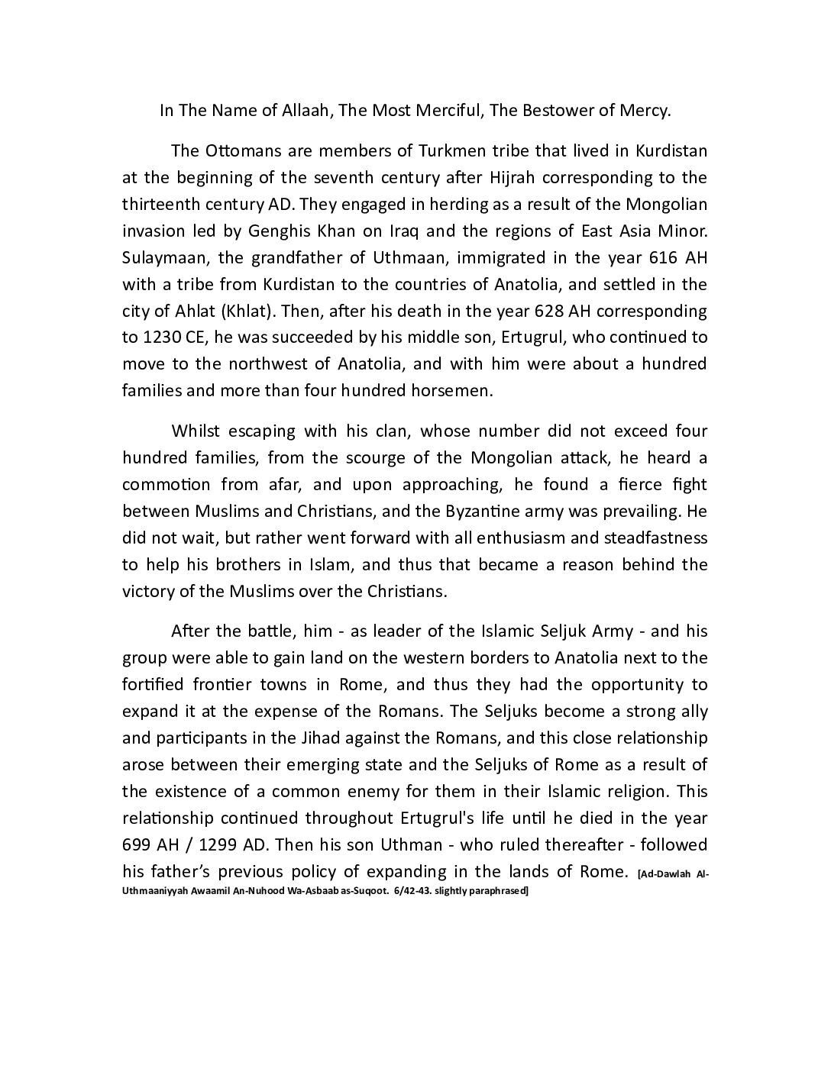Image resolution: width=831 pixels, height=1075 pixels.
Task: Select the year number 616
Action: (x=652, y=257)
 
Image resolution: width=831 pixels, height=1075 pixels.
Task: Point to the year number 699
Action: (x=137, y=845)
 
